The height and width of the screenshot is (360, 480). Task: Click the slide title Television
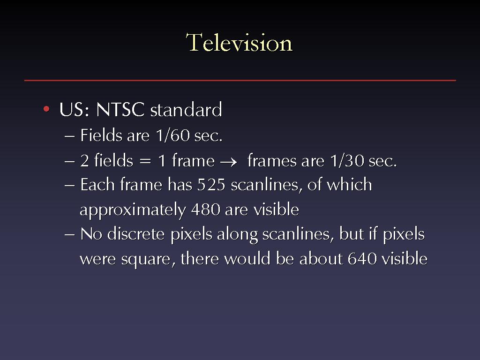pyautogui.click(x=239, y=43)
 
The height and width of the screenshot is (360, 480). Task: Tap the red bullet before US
pyautogui.click(x=46, y=109)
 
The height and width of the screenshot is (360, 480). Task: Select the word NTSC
pyautogui.click(x=120, y=109)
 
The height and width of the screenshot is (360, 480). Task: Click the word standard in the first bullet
pyautogui.click(x=186, y=109)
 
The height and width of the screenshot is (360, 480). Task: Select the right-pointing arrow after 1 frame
pyautogui.click(x=228, y=162)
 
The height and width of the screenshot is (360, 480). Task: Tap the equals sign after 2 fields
pyautogui.click(x=145, y=161)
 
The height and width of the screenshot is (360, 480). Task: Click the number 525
pyautogui.click(x=211, y=185)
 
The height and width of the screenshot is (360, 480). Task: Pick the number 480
pyautogui.click(x=206, y=210)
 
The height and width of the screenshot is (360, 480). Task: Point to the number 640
pyautogui.click(x=362, y=259)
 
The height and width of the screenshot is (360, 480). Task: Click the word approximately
pyautogui.click(x=133, y=210)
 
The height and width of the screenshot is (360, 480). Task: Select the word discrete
pyautogui.click(x=136, y=234)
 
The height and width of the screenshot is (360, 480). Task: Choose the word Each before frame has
pyautogui.click(x=97, y=185)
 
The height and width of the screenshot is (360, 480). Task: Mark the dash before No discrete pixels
pyautogui.click(x=69, y=235)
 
